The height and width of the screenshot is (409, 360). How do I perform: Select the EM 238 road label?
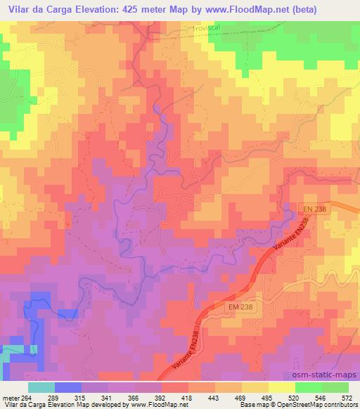click(x=239, y=307)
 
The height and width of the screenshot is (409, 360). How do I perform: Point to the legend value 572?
click(x=347, y=398)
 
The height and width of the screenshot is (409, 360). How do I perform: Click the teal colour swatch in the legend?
click(x=41, y=387)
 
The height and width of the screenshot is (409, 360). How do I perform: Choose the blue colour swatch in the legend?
click(x=67, y=387)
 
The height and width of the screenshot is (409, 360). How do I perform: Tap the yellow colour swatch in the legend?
click(x=282, y=387)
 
